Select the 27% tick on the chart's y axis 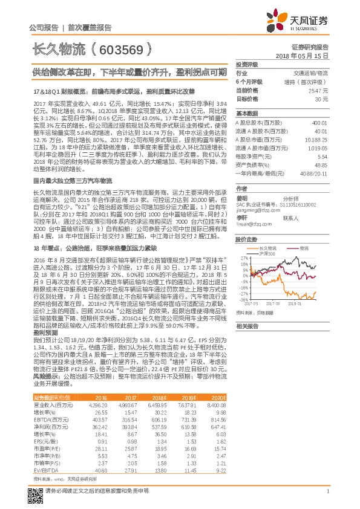coord(242,258)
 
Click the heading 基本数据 coord(247,113)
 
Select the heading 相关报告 coord(247,326)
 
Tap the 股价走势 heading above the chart coord(247,240)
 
